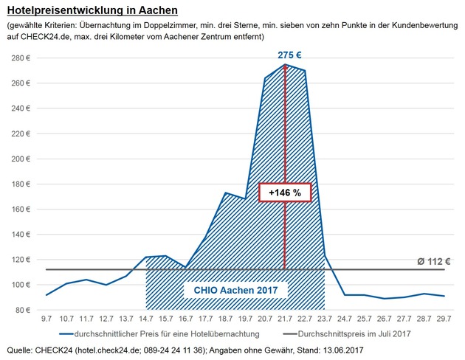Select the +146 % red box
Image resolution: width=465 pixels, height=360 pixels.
[x=285, y=192]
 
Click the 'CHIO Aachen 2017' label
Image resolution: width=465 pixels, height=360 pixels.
[x=235, y=291]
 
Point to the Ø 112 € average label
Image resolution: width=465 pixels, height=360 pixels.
[x=433, y=260]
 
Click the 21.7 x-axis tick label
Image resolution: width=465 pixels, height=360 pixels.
[x=285, y=319]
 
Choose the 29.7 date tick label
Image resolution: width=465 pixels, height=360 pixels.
[x=443, y=319]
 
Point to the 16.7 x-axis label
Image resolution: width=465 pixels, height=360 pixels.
[x=186, y=319]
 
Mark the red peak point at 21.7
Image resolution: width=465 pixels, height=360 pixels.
[x=285, y=65]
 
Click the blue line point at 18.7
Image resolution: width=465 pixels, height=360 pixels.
[x=226, y=193]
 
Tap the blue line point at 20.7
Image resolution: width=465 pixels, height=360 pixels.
[x=265, y=77]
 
